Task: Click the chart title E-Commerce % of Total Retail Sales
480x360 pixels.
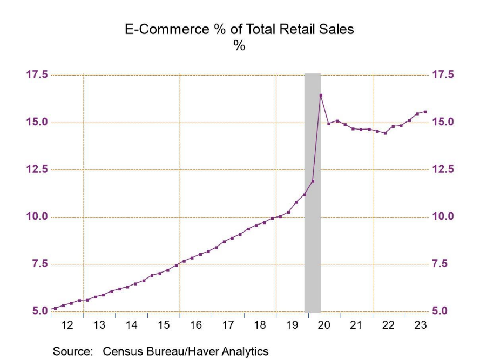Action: (x=239, y=30)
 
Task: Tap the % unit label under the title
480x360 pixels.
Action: (x=239, y=46)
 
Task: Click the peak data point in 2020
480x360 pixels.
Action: (x=321, y=96)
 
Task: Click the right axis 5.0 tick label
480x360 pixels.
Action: (x=441, y=311)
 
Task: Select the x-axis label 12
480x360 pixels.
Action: (x=67, y=325)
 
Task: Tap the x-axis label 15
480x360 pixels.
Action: (x=164, y=325)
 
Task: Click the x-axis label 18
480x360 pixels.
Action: (x=260, y=325)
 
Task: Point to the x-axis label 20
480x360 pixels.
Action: (x=324, y=325)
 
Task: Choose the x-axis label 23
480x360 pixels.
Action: (x=421, y=325)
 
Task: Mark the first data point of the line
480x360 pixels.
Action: (x=55, y=309)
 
